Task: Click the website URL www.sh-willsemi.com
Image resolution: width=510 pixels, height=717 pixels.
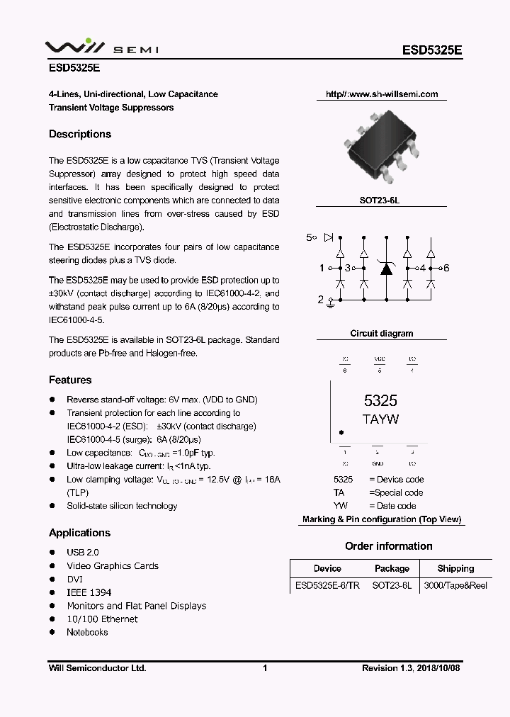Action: coord(382,94)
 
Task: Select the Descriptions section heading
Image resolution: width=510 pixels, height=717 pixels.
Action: coord(80,134)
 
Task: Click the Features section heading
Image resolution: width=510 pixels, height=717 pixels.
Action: coord(70,380)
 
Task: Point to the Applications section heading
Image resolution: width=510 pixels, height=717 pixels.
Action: coord(79,533)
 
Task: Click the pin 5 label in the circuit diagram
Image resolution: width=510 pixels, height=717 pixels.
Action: coord(309,237)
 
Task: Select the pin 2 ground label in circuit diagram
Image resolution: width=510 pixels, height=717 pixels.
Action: coord(320,300)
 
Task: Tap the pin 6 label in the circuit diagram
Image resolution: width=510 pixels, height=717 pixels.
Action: coord(446,268)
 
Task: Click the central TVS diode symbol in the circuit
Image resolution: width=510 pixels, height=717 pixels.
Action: coord(385,268)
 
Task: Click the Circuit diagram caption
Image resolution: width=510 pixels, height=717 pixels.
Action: coord(382,333)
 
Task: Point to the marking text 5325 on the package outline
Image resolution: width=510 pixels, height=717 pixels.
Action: coord(380,400)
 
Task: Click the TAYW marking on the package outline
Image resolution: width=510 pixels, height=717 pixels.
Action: coord(380,419)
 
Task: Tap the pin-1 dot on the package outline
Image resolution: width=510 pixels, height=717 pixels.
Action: coord(341,432)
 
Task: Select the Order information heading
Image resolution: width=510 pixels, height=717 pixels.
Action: coord(388,546)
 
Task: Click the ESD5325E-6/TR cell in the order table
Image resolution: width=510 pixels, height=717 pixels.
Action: coord(327,585)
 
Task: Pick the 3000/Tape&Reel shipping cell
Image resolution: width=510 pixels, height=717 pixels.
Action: coord(455,585)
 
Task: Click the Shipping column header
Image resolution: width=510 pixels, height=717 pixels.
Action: coord(455,568)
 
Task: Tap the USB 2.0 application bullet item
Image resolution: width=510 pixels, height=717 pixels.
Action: coord(83,552)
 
